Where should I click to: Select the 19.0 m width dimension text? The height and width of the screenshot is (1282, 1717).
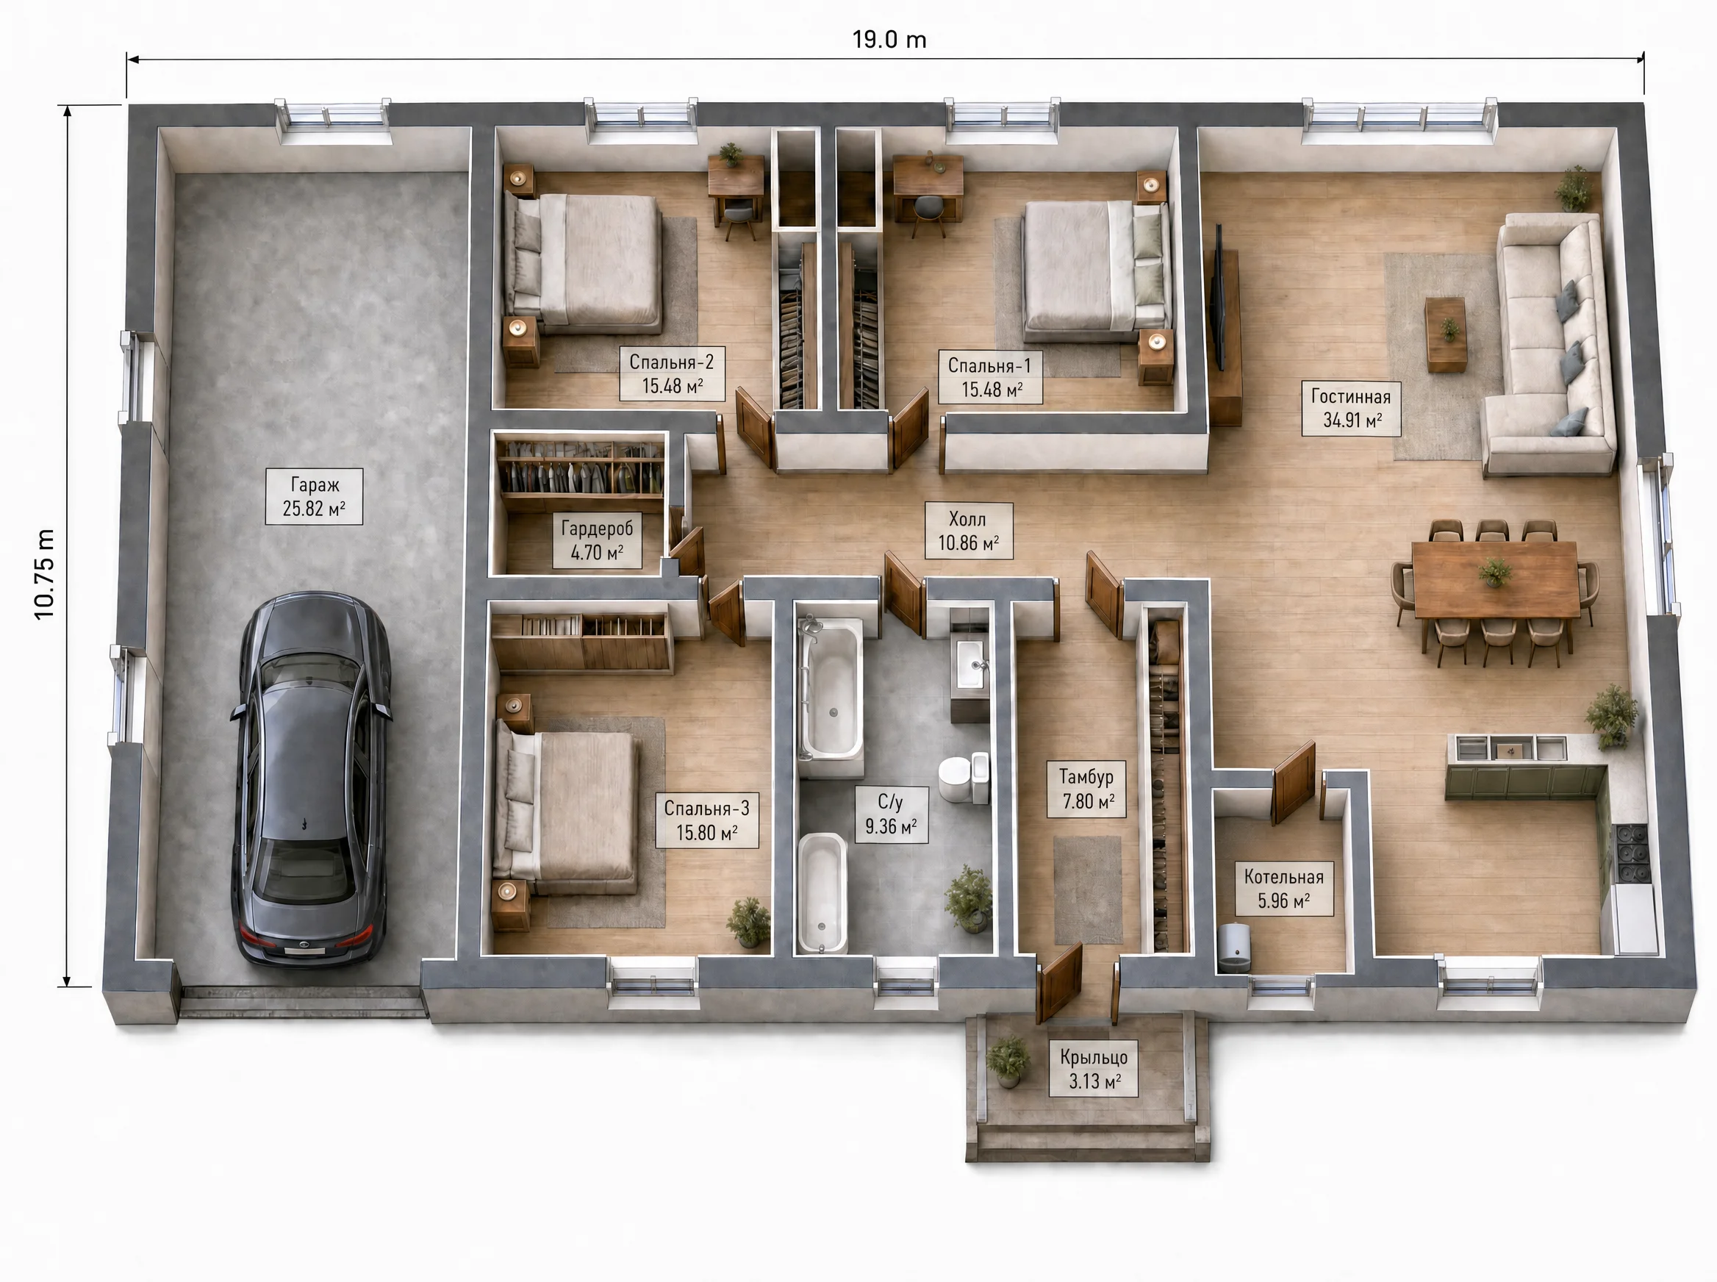click(889, 40)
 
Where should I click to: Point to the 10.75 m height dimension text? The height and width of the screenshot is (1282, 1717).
click(45, 574)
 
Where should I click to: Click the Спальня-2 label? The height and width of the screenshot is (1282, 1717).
click(672, 373)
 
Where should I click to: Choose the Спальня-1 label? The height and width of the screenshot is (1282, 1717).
click(990, 377)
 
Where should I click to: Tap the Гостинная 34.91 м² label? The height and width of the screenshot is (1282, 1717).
click(1351, 408)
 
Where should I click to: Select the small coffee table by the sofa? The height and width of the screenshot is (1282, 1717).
click(1447, 334)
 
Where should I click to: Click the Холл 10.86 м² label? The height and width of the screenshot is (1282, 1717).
click(968, 531)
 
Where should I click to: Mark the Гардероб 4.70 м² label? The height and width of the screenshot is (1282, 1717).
click(597, 541)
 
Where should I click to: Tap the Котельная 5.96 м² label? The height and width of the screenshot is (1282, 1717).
click(1284, 889)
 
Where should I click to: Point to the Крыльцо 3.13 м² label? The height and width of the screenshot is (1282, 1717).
click(1093, 1069)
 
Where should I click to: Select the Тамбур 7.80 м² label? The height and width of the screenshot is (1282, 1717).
click(1086, 789)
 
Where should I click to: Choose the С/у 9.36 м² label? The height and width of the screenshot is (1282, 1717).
click(891, 814)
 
